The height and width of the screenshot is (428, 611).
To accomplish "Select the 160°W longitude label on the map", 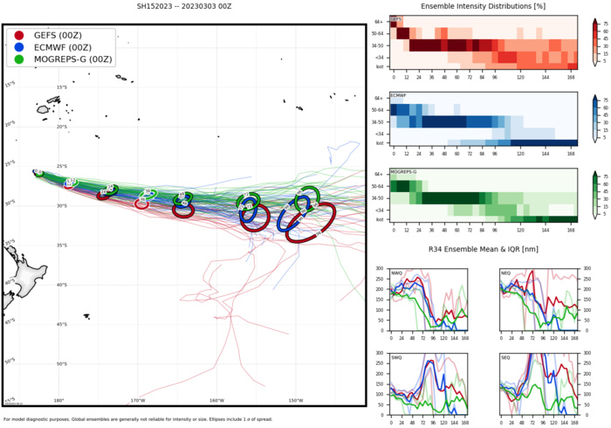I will click(x=216, y=400).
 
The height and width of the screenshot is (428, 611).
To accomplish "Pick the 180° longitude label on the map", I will click(x=58, y=400).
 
